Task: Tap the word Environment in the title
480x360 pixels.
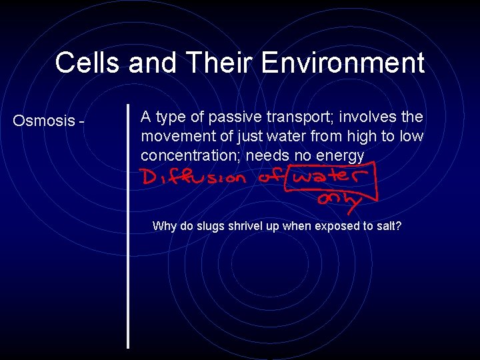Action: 343,63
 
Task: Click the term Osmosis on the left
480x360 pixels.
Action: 44,121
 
